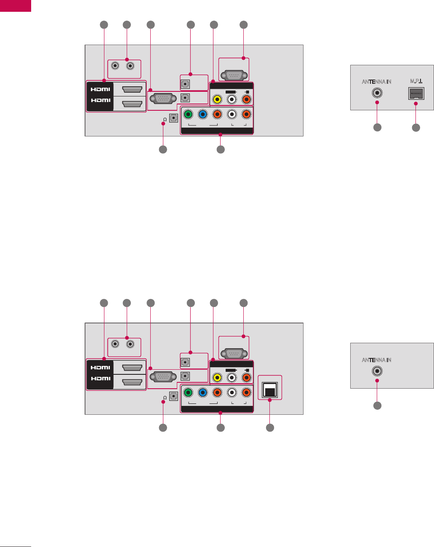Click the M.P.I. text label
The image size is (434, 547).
[416, 81]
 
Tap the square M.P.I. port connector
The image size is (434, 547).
[416, 93]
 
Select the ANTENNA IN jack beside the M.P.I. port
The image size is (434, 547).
[377, 93]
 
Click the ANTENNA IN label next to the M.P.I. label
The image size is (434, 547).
[377, 82]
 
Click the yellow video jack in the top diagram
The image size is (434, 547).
[217, 100]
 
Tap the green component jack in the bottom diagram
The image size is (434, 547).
[189, 392]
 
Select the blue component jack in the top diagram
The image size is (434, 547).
[202, 114]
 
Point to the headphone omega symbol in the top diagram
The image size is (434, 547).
[165, 119]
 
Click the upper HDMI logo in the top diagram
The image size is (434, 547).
[100, 89]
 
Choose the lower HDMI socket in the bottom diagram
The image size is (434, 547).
[131, 382]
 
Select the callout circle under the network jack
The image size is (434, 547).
[270, 427]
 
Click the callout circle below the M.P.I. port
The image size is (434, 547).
[416, 127]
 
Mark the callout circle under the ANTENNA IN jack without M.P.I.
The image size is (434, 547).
[377, 405]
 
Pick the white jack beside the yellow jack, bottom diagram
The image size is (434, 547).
[232, 378]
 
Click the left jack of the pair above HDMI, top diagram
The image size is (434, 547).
[115, 66]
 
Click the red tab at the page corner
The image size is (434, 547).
[16, 5]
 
